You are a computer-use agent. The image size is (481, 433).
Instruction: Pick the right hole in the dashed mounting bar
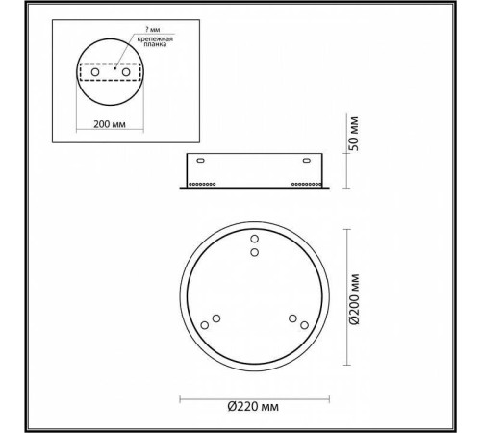(125, 69)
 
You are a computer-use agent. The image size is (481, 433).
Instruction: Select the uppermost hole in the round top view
(254, 238)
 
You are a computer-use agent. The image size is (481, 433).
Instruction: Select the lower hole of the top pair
(254, 252)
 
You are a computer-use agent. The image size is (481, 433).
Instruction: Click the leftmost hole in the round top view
(204, 326)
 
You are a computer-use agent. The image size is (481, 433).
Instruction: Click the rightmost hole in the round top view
(304, 326)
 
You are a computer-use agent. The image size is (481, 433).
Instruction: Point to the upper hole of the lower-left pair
(216, 318)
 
